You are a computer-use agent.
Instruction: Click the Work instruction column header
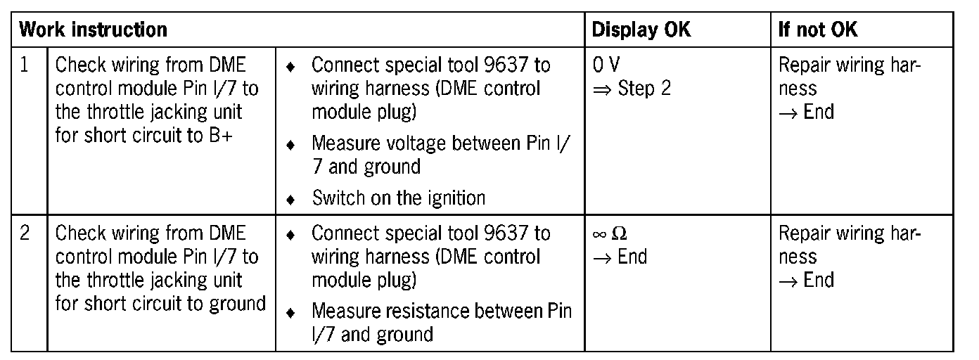(x=93, y=30)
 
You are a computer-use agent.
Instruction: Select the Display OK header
(x=641, y=30)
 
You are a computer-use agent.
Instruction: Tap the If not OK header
(x=818, y=30)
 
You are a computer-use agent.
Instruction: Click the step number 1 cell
(x=25, y=65)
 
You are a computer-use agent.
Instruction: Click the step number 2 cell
(x=25, y=233)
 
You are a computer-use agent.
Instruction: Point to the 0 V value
(x=606, y=65)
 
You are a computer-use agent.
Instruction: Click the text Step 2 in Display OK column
(x=644, y=89)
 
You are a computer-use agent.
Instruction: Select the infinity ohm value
(x=608, y=233)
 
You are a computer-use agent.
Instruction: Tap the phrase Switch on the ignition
(x=398, y=198)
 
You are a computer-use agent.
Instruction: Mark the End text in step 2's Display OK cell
(x=632, y=257)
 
